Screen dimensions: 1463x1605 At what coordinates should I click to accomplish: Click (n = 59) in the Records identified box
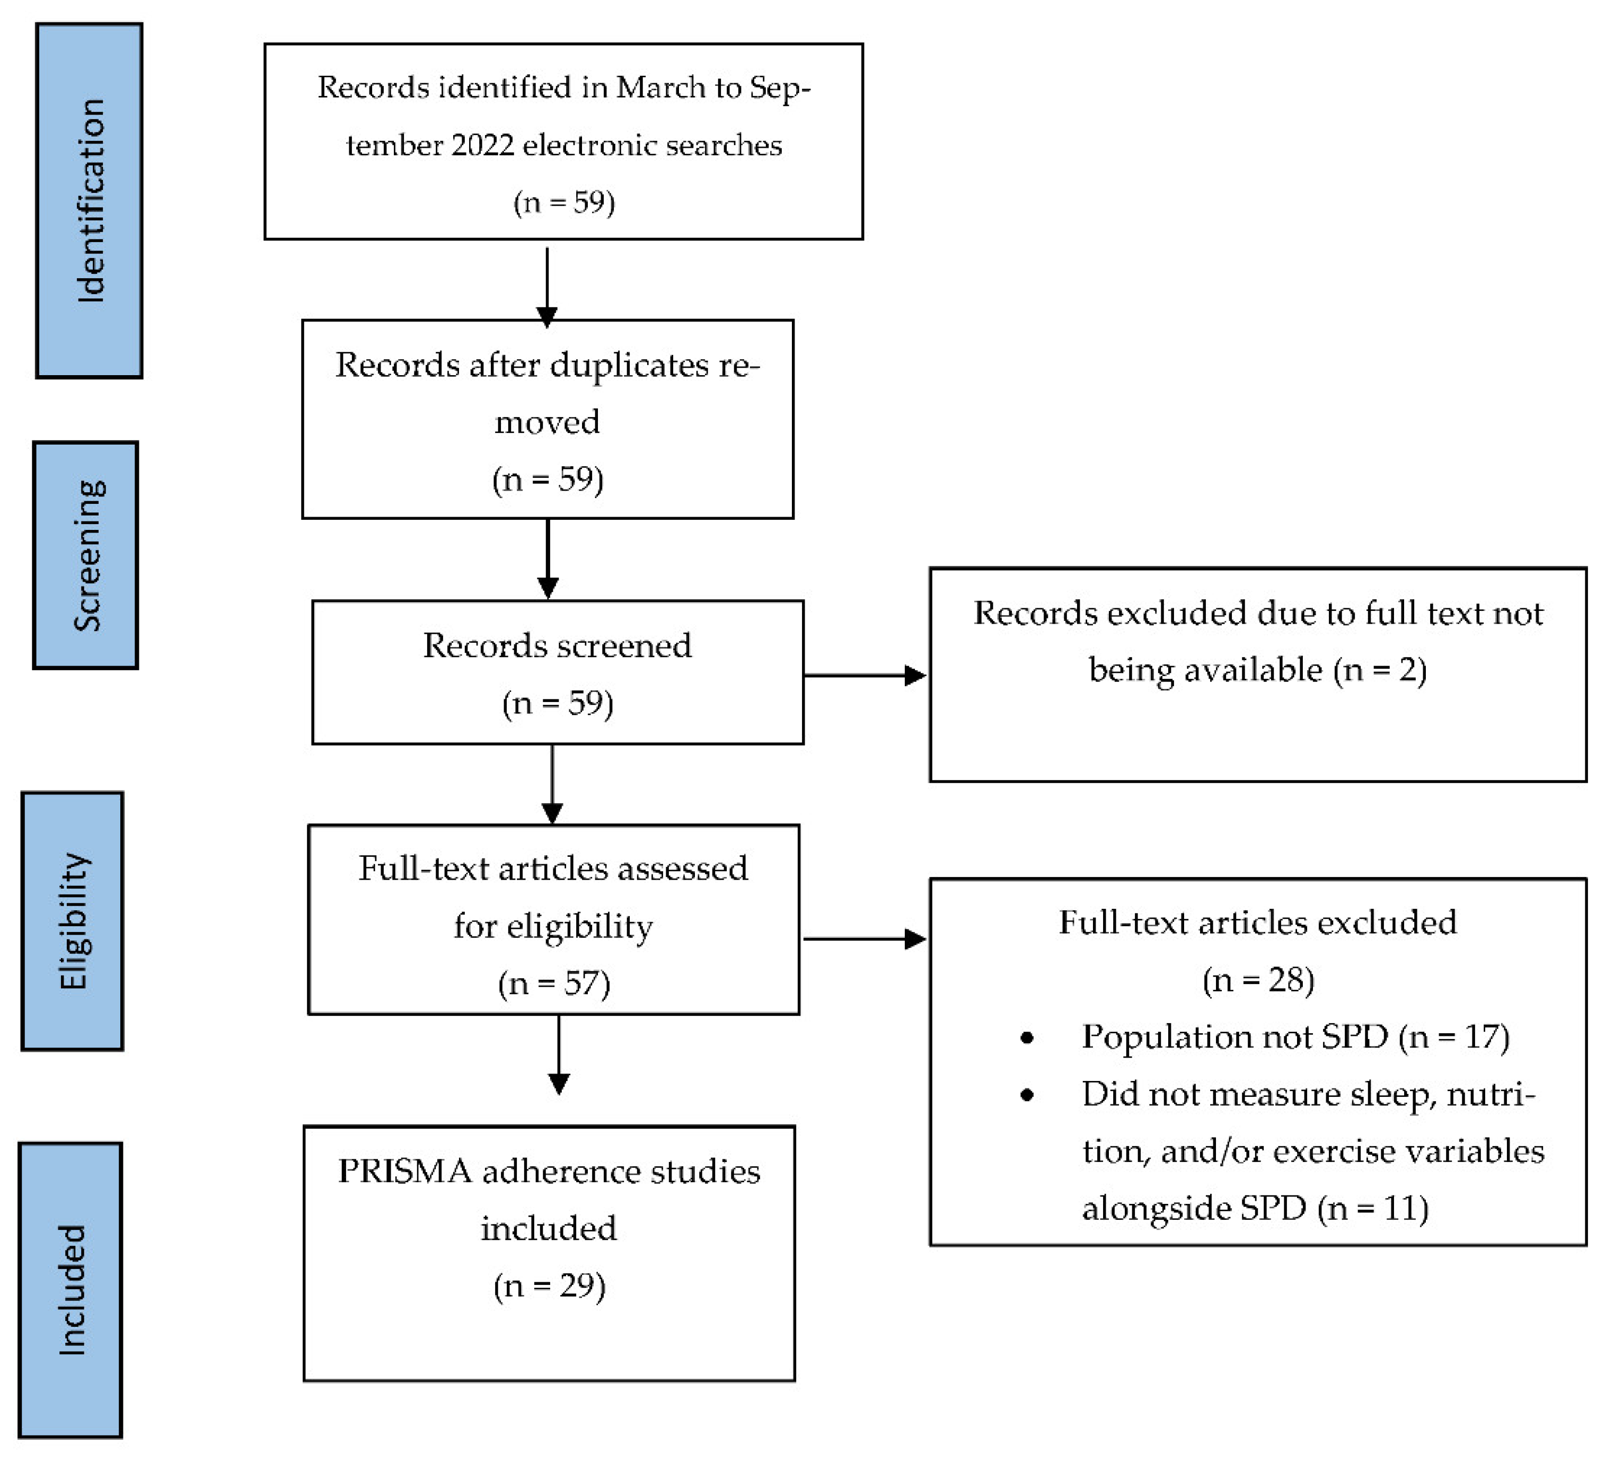(563, 202)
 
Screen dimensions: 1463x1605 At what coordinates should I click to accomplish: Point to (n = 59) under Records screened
(557, 703)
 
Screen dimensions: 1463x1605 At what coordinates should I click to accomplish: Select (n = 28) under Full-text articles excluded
(1258, 980)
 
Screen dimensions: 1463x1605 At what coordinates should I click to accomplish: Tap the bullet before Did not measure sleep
(1027, 1095)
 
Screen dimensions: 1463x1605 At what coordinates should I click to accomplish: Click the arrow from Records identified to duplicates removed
(547, 287)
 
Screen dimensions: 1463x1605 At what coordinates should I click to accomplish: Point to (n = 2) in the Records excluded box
(1380, 670)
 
